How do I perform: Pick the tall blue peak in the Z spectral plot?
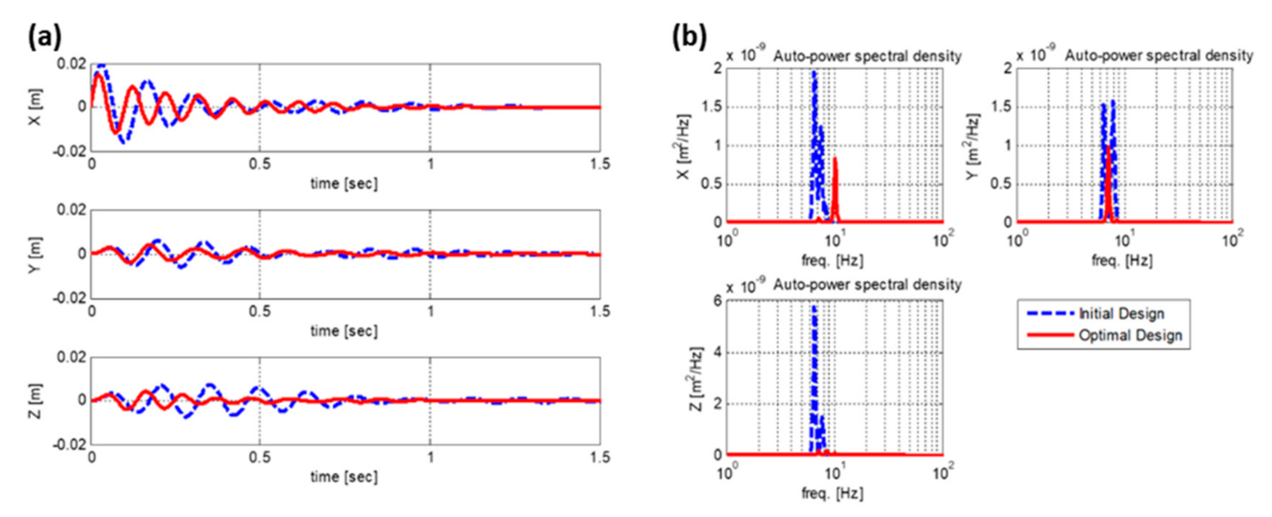[x=813, y=308]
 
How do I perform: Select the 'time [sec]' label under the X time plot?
[x=346, y=183]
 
